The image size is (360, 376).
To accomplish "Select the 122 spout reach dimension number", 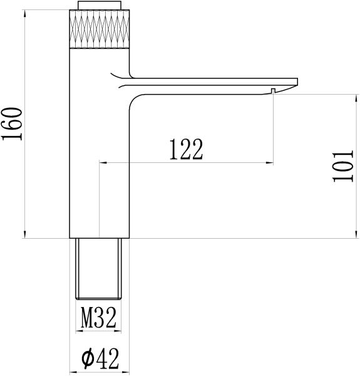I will (186, 149).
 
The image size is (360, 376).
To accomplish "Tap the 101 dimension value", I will (343, 167).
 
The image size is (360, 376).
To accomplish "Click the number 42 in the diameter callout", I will (108, 358).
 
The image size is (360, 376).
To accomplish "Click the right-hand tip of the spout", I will (297, 83).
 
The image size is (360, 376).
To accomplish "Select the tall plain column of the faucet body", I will (99, 150).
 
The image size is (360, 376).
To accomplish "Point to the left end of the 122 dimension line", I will (100, 164).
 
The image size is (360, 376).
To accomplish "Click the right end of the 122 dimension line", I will (274, 164).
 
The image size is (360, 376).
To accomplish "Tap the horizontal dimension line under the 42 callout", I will (99, 370).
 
